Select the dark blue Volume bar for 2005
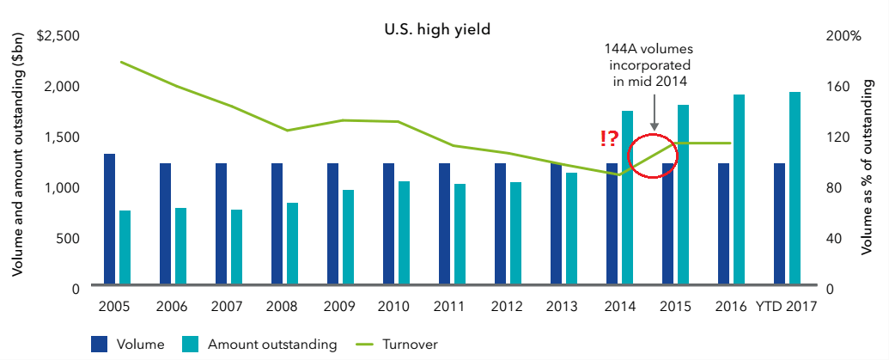coord(109,219)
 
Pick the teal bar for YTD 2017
coord(795,188)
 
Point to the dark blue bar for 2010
coord(388,223)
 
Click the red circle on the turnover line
coord(654,156)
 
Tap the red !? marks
coord(609,137)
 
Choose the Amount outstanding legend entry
coord(259,345)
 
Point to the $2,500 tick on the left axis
coord(59,36)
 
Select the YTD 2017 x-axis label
coord(785,307)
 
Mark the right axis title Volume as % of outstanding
coord(869,163)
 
